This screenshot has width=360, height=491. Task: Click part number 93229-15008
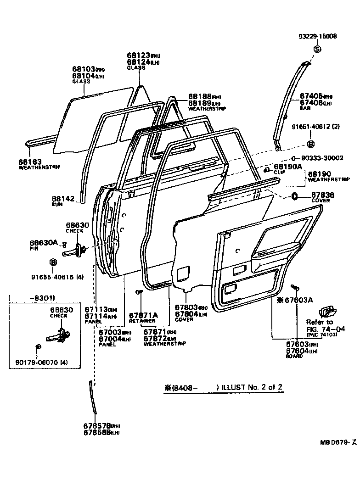[x=317, y=37]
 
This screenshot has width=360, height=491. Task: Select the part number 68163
[x=30, y=162]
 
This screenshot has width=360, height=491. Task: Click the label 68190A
[x=288, y=167]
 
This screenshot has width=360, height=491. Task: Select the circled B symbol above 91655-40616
[x=53, y=262]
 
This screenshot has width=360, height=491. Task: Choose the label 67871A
[x=143, y=315]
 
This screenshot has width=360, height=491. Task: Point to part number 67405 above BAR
[x=311, y=96]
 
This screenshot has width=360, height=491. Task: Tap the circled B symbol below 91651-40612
[x=310, y=144]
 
